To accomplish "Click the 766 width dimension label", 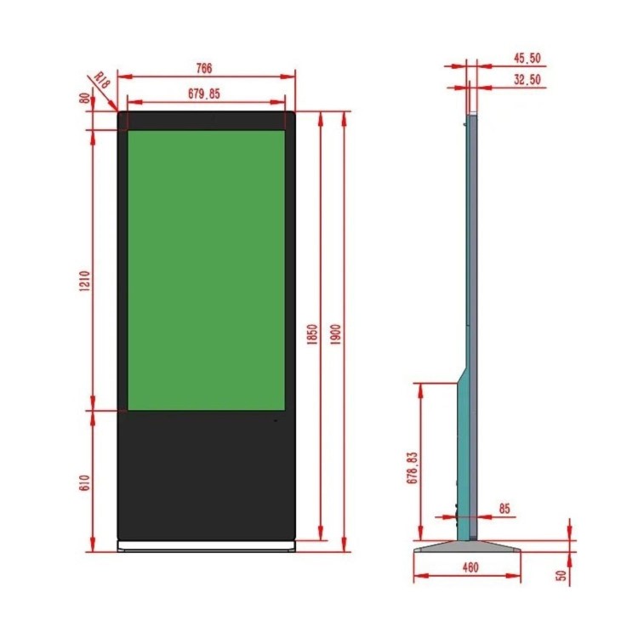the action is [x=204, y=68].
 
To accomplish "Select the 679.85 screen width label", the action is [x=204, y=94].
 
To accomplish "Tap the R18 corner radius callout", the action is [x=102, y=81].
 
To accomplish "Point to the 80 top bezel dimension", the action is [x=84, y=99].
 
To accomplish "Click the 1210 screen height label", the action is [x=84, y=282].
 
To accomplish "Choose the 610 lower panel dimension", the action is [x=84, y=482].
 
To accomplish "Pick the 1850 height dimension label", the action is [x=311, y=334].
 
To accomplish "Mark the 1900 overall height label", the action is [x=335, y=334].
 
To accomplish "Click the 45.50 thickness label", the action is [x=527, y=58].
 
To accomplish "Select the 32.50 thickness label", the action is [x=527, y=79].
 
